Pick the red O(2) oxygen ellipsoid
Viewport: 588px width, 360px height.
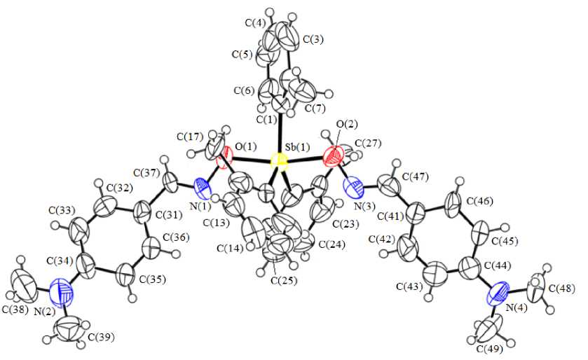click(334, 154)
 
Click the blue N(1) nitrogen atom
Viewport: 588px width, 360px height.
click(203, 187)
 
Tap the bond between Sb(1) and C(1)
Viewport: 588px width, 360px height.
click(280, 137)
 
